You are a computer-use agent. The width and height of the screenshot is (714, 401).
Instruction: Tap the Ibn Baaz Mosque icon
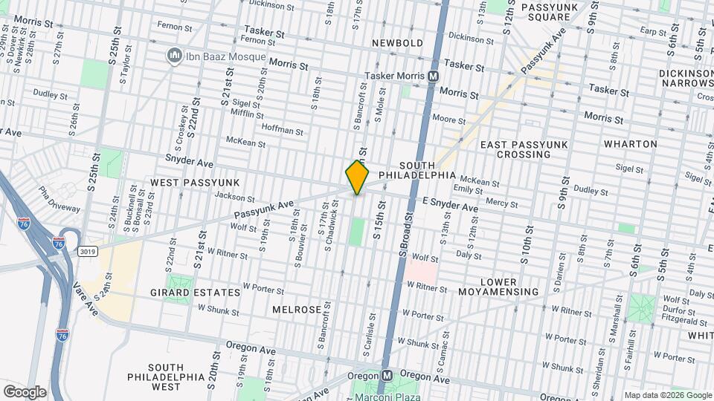[x=175, y=56]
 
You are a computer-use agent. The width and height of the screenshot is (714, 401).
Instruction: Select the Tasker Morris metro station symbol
[x=432, y=76]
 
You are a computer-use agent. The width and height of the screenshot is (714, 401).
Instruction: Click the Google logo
[x=25, y=391]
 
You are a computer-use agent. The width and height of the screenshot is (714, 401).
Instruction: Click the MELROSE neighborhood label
[x=296, y=309]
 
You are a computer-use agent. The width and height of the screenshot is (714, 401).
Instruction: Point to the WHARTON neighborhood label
[x=630, y=143]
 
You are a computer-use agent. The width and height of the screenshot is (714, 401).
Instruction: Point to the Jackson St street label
[x=234, y=197]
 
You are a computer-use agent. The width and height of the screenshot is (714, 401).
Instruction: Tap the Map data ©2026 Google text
[x=667, y=395]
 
